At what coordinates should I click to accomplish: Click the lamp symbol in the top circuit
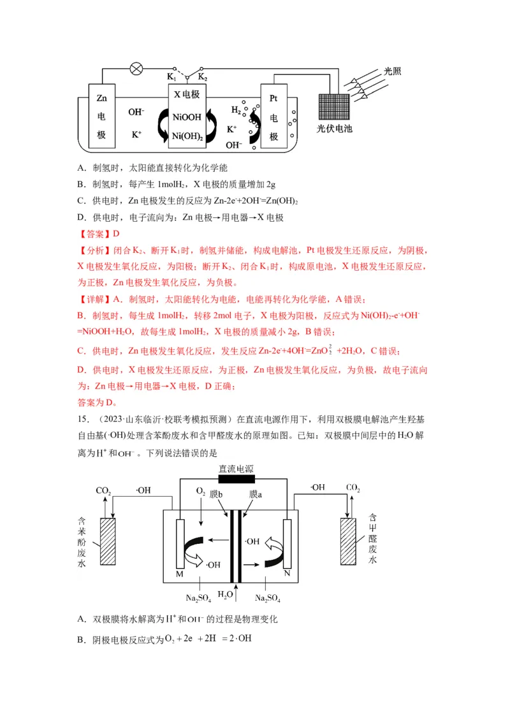[x=136, y=69]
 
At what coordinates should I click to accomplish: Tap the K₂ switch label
[x=203, y=77]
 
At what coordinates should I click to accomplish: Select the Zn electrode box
[x=101, y=117]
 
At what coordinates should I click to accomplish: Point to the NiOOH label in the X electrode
[x=187, y=117]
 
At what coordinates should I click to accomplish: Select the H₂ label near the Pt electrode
[x=236, y=110]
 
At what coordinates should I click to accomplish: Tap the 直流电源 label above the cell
[x=236, y=469]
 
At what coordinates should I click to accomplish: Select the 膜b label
[x=216, y=494]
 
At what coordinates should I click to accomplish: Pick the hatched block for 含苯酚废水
[x=107, y=541]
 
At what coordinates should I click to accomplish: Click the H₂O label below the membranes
[x=226, y=595]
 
